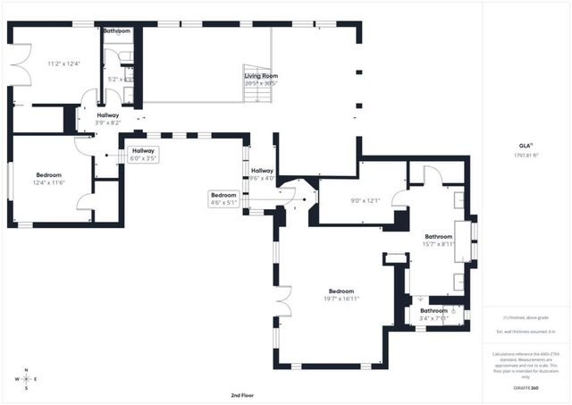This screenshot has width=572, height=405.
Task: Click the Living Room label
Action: pos(261,76)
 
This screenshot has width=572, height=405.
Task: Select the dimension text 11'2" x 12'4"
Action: pos(63,63)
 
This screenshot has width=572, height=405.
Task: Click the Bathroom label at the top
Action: pos(116,31)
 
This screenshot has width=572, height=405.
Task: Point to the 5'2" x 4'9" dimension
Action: pos(120,79)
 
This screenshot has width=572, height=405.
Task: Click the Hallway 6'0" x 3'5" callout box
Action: pos(143,154)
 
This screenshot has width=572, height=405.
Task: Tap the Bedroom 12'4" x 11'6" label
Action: pos(48,178)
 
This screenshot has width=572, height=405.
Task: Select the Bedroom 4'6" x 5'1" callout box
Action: pos(223,198)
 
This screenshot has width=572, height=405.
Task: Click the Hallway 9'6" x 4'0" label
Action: pos(262,173)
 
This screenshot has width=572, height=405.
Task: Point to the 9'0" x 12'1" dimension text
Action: pos(341,199)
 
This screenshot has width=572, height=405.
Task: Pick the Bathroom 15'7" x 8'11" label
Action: pos(439,240)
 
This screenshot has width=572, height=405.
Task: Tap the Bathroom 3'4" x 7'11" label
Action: pos(434,314)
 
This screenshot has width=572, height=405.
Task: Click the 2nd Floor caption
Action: pos(243,394)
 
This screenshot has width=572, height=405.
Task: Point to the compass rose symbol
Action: pos(27,379)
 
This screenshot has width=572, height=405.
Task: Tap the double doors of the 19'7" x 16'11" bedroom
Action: pos(284,302)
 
